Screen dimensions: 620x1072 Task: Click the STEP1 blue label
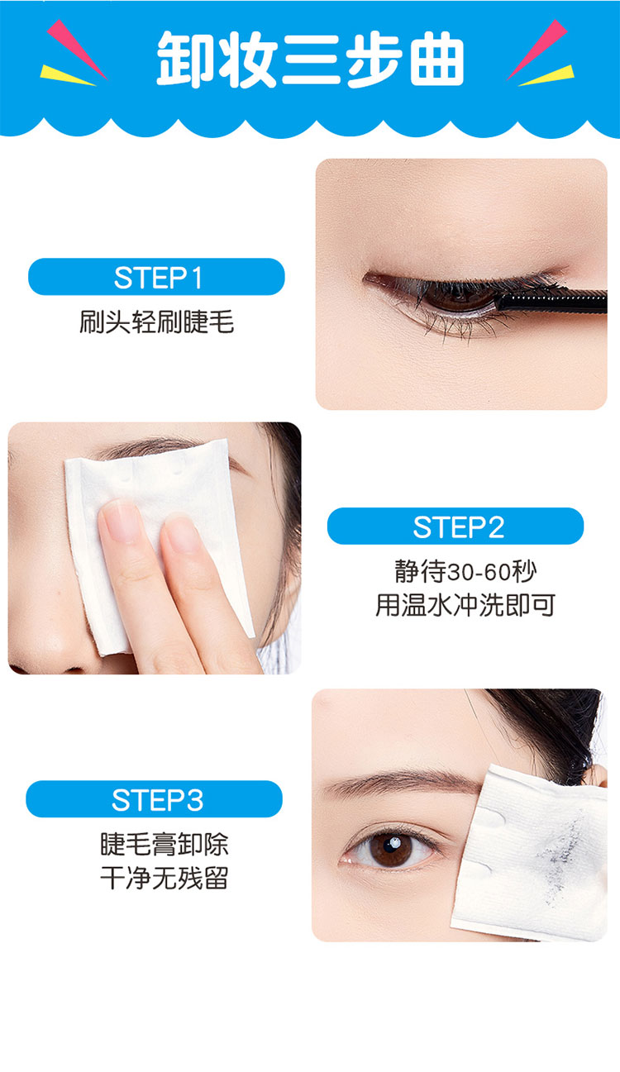[x=156, y=277]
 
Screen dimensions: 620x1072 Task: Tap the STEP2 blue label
[x=455, y=526]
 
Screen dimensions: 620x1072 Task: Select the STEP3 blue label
[x=154, y=798]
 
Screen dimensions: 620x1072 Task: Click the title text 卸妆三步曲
[x=310, y=60]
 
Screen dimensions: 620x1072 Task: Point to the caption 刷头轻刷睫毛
[x=156, y=322]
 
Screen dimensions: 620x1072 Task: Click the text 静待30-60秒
[x=465, y=571]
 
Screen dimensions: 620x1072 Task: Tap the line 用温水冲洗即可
[x=465, y=605]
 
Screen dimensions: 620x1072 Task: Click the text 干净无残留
[x=165, y=878]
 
